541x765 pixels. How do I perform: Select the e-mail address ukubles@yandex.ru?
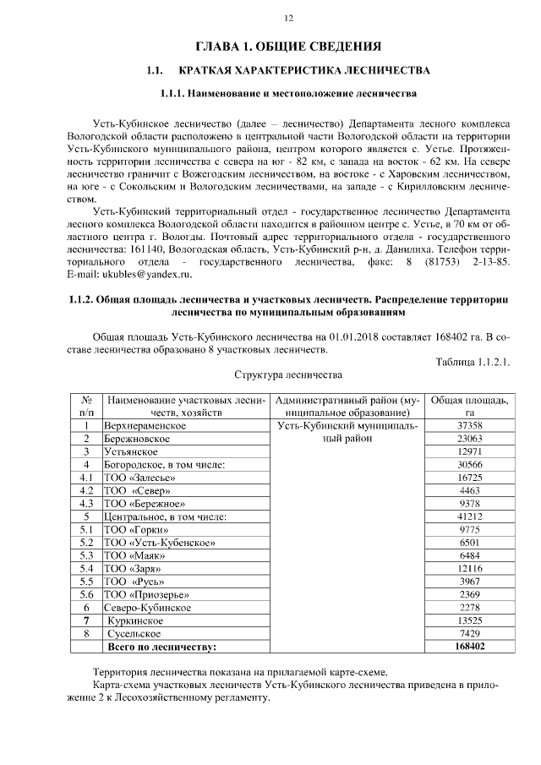click(143, 275)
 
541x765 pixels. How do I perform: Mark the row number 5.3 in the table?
click(85, 555)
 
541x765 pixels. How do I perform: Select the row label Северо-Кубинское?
click(147, 608)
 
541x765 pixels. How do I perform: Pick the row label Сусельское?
click(136, 634)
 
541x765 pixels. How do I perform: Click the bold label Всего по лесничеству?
click(160, 648)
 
